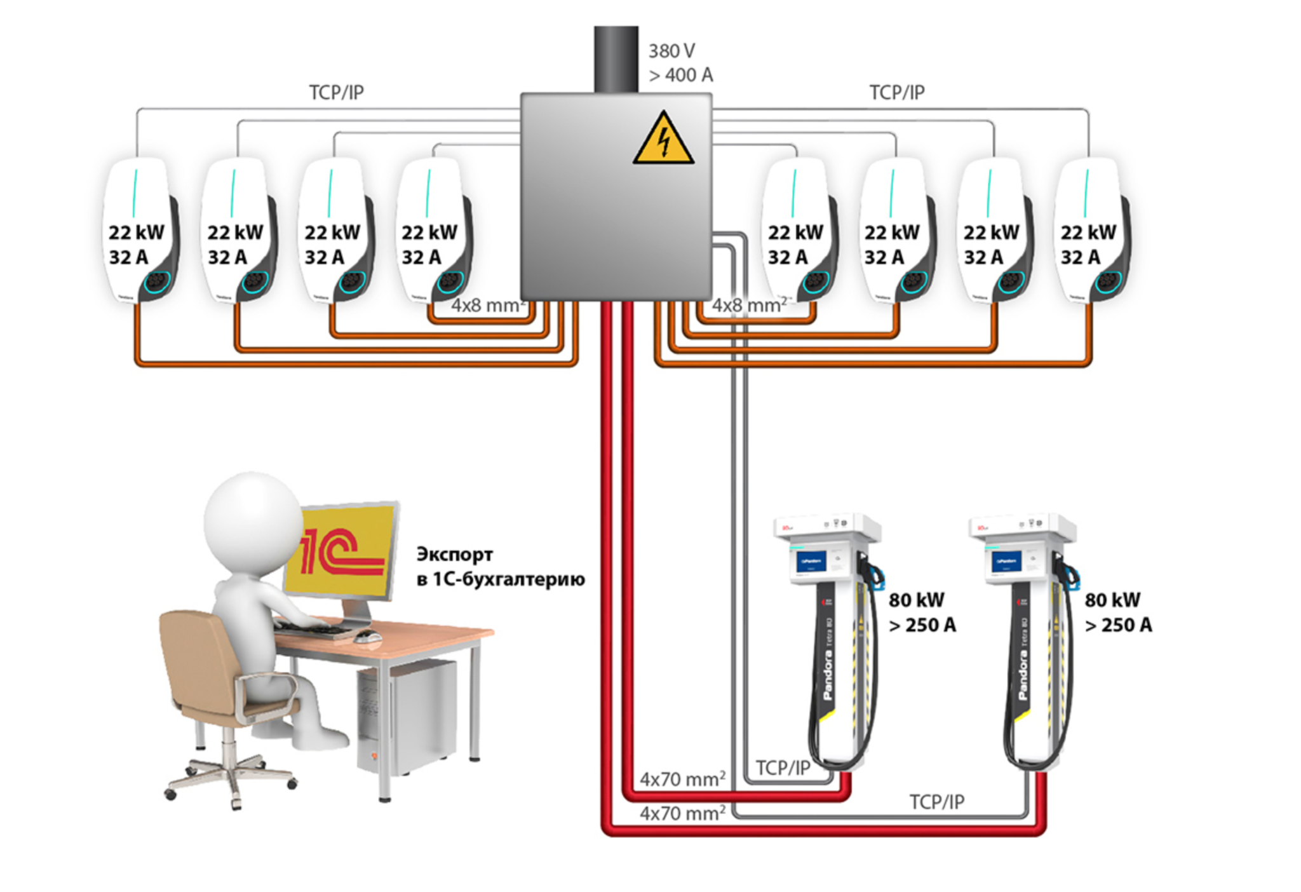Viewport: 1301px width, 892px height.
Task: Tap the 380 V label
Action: coord(671,51)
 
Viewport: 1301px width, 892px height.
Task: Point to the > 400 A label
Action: coord(681,75)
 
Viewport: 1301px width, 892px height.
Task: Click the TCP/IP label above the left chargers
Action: coord(336,93)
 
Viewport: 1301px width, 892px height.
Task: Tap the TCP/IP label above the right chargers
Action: coord(896,93)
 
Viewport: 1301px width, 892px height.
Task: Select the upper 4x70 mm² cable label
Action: coord(682,779)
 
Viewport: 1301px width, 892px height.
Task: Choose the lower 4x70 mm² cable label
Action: coord(682,813)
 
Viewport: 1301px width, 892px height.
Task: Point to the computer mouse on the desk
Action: coord(368,635)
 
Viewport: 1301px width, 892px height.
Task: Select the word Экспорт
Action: coord(454,555)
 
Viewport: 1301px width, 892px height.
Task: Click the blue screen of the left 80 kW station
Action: coord(811,562)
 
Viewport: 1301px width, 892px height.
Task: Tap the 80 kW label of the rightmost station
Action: coord(1112,600)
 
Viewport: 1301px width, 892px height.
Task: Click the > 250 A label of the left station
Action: coord(922,625)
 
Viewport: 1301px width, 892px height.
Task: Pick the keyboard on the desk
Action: coord(314,629)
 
